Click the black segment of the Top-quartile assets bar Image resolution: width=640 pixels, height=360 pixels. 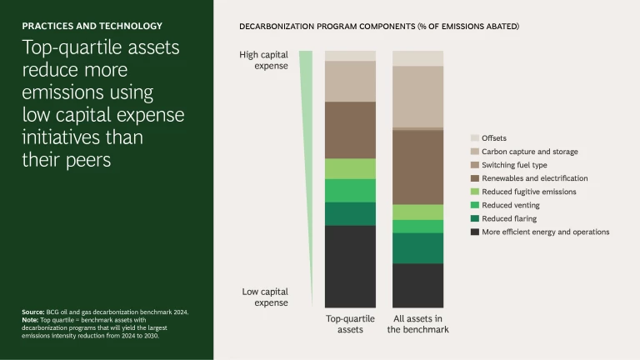tap(350, 266)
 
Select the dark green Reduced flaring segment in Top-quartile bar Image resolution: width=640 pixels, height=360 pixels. tap(350, 213)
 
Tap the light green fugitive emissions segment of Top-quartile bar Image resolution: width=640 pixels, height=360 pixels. tap(350, 169)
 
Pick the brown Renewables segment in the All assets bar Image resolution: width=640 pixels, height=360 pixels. tap(417, 167)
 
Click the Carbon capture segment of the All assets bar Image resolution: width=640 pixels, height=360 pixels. tap(417, 96)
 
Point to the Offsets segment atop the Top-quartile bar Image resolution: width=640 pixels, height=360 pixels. tap(350, 56)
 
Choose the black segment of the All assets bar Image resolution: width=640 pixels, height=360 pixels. tap(417, 285)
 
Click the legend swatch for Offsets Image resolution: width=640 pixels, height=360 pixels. tap(474, 138)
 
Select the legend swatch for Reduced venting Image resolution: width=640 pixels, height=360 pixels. tap(474, 205)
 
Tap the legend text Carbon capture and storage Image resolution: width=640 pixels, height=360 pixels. tap(529, 152)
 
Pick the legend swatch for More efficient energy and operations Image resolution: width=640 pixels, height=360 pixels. tap(474, 232)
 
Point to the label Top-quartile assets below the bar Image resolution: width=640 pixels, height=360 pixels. tap(350, 323)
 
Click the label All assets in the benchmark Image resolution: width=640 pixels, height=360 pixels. tap(417, 323)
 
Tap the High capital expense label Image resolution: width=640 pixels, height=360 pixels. tap(263, 60)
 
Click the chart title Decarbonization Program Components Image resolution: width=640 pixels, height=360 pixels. tap(379, 27)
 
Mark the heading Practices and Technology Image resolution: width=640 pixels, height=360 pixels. tap(92, 26)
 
